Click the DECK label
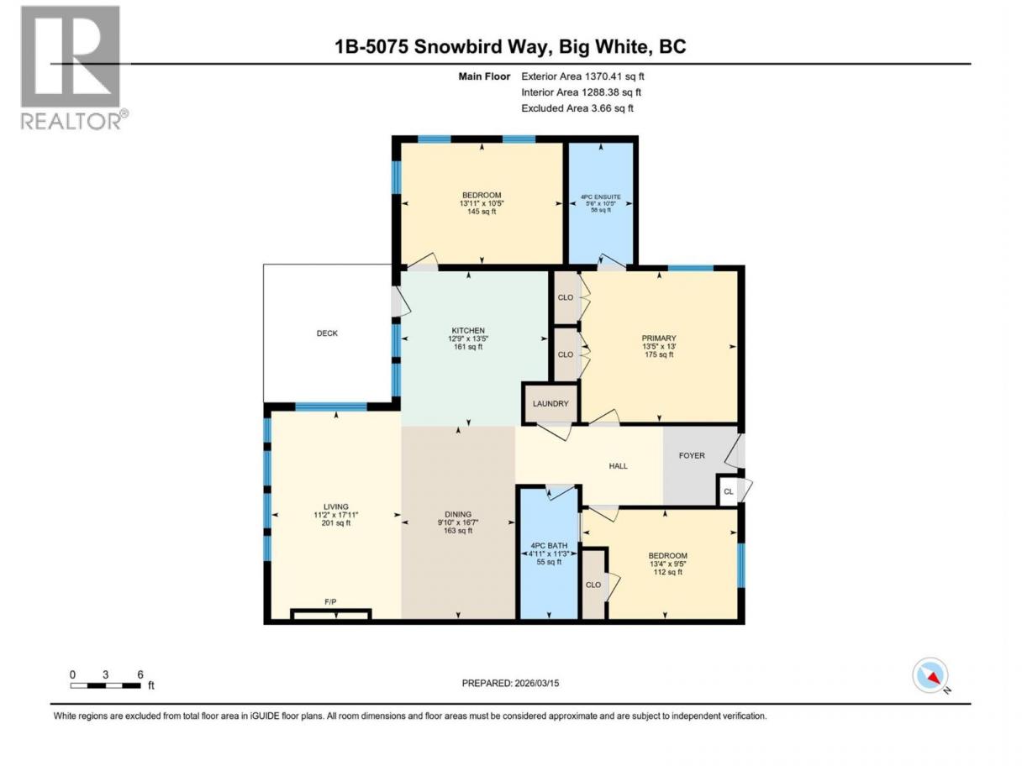(x=327, y=333)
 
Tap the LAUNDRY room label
(x=551, y=404)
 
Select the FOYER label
(x=692, y=456)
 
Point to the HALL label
(x=618, y=466)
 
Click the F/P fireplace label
(x=330, y=602)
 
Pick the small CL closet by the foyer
(x=728, y=491)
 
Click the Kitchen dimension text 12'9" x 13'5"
(x=468, y=338)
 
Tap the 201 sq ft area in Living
(x=335, y=522)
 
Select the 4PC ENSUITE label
(x=601, y=197)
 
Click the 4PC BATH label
(x=549, y=546)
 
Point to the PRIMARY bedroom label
(x=658, y=338)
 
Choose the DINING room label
(x=458, y=514)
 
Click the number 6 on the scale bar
(x=140, y=674)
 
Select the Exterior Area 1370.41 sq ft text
(x=582, y=76)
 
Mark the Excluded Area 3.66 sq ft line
(x=577, y=108)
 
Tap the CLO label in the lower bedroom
(x=593, y=585)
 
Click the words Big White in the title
(x=602, y=47)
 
